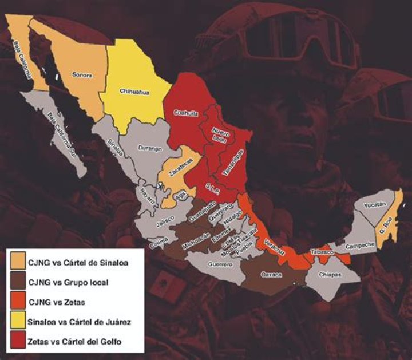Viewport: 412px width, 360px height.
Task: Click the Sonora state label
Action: click(x=82, y=74)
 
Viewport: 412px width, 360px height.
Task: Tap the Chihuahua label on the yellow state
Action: click(x=134, y=90)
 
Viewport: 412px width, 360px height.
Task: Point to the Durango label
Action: click(x=149, y=147)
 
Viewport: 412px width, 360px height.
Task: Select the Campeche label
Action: click(x=362, y=245)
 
